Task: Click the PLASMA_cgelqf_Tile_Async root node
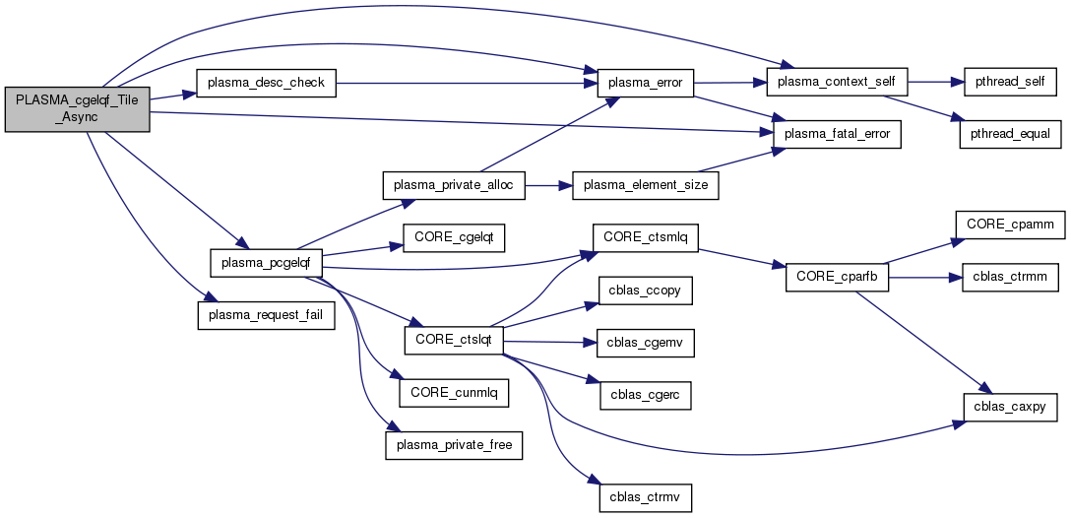[77, 108]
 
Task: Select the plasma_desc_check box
[266, 83]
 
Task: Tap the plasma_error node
[646, 83]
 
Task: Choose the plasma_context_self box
[837, 83]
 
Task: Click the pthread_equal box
[1009, 133]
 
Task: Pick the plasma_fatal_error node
[837, 133]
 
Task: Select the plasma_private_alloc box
[453, 184]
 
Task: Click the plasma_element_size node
[646, 184]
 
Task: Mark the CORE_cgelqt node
[453, 239]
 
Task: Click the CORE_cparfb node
[837, 278]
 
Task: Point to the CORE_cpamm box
[1009, 225]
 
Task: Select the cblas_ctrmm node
[1009, 278]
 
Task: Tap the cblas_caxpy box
[1009, 406]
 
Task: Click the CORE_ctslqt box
[454, 339]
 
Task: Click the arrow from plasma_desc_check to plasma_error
[463, 83]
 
